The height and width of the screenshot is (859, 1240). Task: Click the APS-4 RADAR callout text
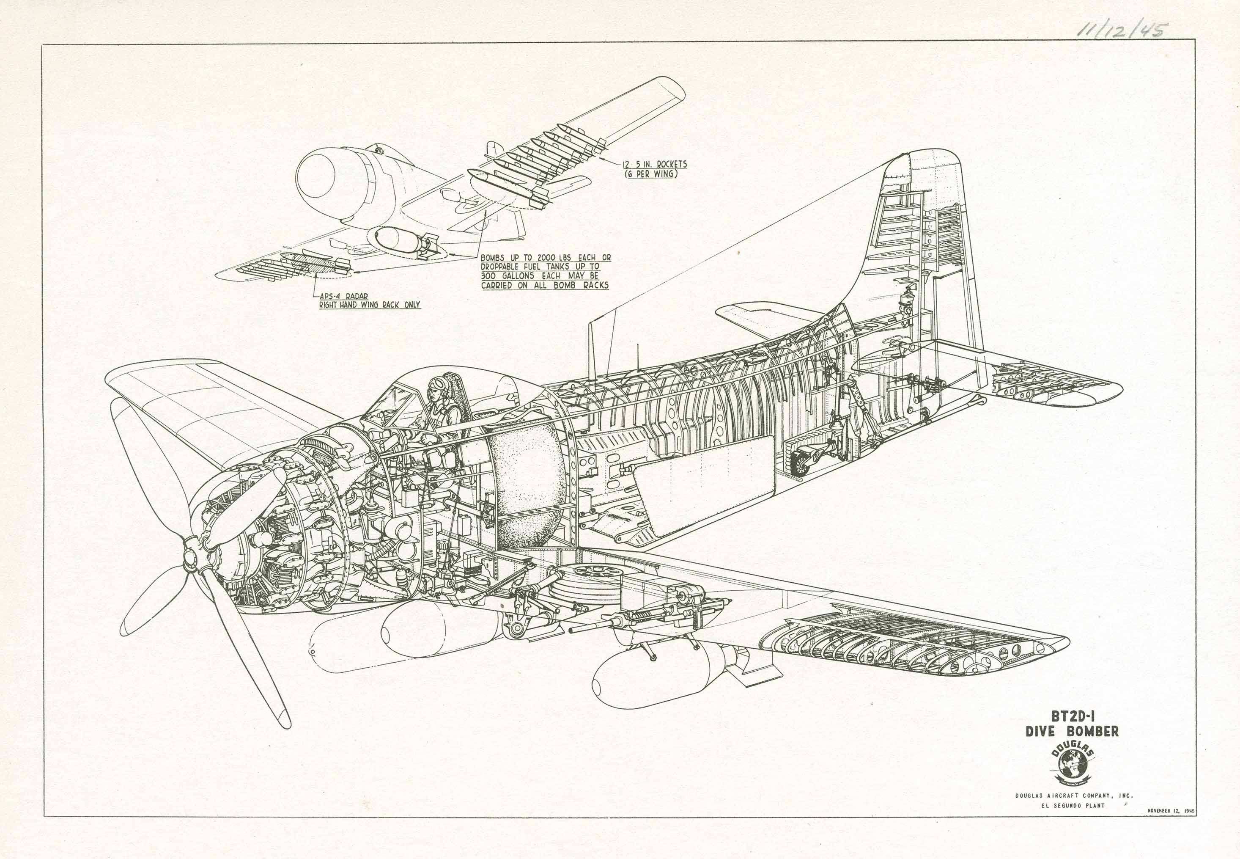344,296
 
